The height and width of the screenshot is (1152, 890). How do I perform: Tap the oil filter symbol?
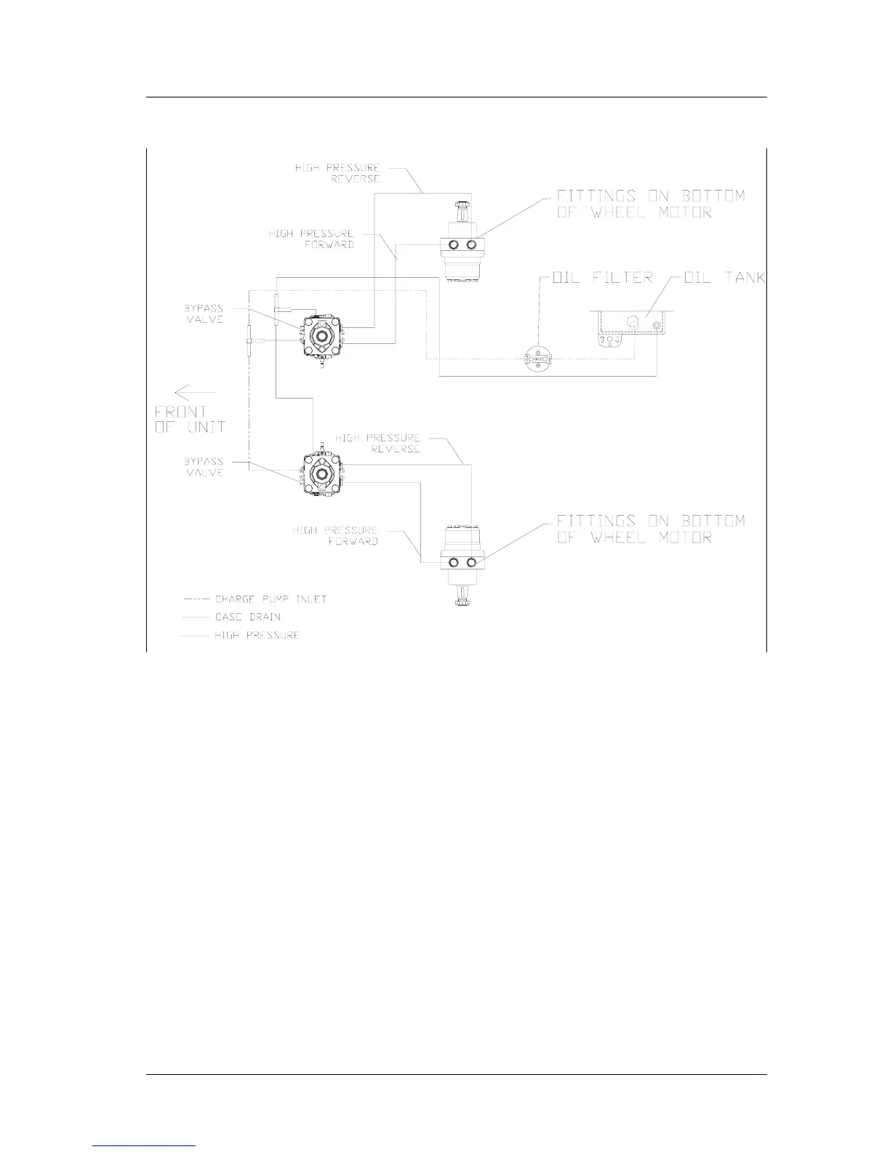click(538, 360)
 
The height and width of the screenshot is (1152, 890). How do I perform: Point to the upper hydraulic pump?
click(320, 335)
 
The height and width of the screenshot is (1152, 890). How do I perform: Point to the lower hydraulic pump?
click(320, 473)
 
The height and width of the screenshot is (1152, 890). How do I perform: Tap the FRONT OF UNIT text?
click(190, 420)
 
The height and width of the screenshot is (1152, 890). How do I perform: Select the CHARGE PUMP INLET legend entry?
click(270, 599)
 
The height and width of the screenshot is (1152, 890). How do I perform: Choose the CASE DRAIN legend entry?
click(247, 617)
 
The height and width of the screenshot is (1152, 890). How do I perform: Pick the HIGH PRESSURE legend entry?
click(257, 635)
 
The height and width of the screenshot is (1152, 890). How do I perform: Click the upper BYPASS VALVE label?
click(204, 314)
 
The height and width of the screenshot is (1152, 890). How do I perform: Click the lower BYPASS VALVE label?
click(204, 467)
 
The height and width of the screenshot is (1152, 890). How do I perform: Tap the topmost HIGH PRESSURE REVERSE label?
click(337, 173)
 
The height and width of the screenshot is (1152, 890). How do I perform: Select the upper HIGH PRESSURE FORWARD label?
click(311, 239)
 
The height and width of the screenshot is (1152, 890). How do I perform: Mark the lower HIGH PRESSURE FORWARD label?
click(335, 536)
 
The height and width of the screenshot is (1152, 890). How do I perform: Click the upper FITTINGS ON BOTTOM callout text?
click(651, 204)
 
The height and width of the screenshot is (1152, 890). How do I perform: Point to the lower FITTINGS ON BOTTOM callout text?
click(651, 529)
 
